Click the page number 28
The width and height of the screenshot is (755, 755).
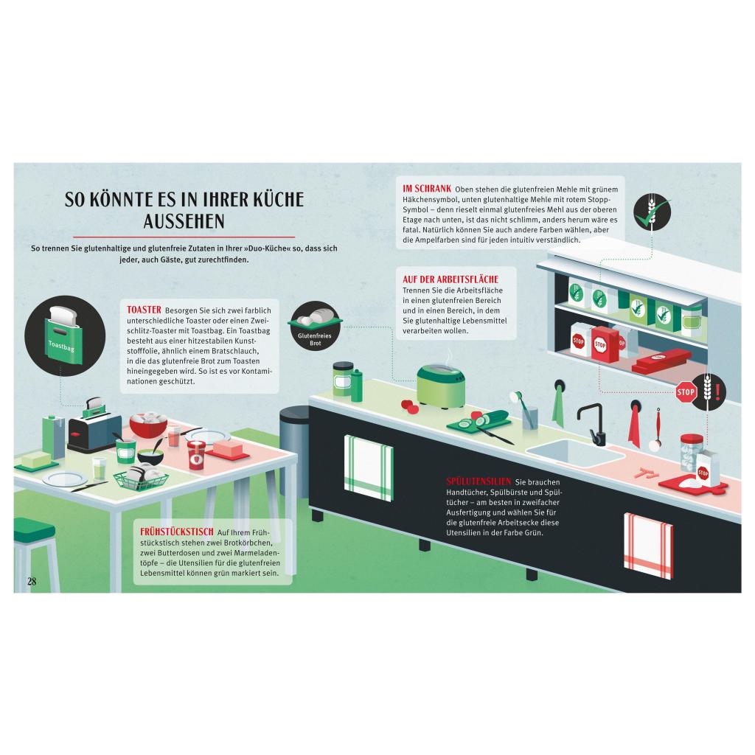[x=32, y=581]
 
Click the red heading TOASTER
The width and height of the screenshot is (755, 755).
[x=144, y=310]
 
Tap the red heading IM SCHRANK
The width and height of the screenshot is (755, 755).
[x=427, y=189]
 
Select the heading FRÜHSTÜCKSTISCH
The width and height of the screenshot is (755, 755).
[x=177, y=532]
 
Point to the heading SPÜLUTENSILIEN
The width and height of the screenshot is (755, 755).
[x=479, y=481]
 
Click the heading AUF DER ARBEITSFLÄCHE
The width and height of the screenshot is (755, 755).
[x=450, y=279]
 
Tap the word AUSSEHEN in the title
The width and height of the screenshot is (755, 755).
[x=184, y=221]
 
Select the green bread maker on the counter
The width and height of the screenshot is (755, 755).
[x=440, y=386]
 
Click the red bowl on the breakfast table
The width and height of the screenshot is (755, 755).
[x=148, y=425]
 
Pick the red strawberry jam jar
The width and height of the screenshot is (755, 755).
[x=196, y=455]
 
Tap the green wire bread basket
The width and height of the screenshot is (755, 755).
[x=142, y=478]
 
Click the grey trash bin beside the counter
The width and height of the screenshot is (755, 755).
[x=295, y=450]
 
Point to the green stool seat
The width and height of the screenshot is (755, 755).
[x=34, y=529]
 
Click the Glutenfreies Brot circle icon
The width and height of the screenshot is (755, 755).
[x=315, y=325]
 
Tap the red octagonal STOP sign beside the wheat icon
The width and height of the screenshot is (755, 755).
[x=686, y=392]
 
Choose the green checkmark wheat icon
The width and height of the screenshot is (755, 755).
[x=652, y=212]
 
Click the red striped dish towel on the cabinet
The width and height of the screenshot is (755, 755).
[x=648, y=546]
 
